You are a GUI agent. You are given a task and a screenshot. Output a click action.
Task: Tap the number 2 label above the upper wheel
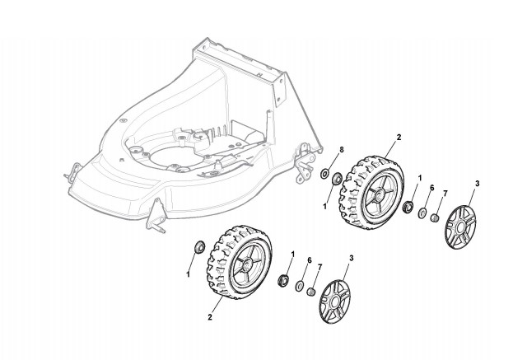(399, 136)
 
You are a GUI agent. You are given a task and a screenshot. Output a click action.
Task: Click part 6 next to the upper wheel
(423, 214)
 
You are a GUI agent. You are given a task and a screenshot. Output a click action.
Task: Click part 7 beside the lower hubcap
(311, 290)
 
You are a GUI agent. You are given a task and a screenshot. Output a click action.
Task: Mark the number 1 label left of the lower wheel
(188, 273)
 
